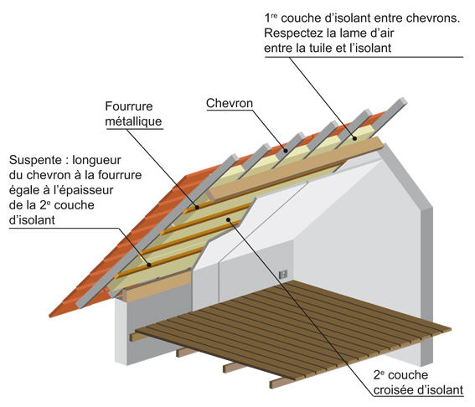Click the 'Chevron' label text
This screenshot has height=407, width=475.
click(x=230, y=104)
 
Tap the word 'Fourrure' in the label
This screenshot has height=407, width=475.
click(x=129, y=106)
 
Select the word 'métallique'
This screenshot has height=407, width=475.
click(x=133, y=121)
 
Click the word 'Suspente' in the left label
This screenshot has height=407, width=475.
click(x=35, y=160)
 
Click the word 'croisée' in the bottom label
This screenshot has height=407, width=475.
click(x=393, y=389)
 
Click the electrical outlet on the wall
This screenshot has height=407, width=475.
click(x=283, y=275)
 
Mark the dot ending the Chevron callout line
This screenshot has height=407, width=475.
click(x=285, y=150)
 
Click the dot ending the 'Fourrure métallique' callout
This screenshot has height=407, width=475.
click(x=197, y=208)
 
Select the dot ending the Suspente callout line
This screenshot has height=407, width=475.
click(x=149, y=265)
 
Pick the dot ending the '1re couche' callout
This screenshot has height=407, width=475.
click(x=354, y=138)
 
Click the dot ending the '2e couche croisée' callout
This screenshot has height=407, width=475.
click(x=229, y=219)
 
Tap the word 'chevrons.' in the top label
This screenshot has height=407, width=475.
click(x=433, y=18)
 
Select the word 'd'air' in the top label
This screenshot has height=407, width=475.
click(x=381, y=33)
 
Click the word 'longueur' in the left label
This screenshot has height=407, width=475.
click(x=96, y=160)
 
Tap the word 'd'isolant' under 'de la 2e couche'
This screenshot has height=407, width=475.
click(x=32, y=220)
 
